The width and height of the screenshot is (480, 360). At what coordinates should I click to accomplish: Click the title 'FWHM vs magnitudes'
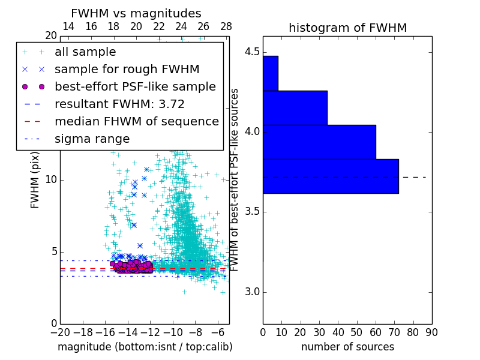136,13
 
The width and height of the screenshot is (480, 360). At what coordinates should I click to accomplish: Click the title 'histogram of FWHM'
347,28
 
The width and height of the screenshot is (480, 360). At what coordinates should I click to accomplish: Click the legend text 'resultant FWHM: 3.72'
119,104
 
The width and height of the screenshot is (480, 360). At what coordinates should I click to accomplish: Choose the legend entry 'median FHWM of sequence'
136,121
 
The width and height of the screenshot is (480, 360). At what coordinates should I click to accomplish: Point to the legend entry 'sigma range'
92,139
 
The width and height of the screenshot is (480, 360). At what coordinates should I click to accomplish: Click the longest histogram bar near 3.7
331,176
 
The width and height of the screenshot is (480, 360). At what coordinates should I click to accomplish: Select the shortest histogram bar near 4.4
270,73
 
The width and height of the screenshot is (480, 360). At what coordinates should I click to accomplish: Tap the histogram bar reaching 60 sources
319,142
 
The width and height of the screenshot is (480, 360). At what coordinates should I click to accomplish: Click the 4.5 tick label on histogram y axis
253,52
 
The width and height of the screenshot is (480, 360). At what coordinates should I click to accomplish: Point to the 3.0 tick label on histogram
253,292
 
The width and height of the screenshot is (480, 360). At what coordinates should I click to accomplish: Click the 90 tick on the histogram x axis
431,332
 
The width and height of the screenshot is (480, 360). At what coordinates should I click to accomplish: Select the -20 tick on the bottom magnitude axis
60,332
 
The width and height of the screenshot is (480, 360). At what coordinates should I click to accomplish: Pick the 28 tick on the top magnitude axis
226,26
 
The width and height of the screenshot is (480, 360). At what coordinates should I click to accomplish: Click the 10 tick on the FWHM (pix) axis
51,180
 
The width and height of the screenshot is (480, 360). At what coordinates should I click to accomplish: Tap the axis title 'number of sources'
347,347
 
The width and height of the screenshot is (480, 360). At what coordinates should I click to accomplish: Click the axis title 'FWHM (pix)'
35,180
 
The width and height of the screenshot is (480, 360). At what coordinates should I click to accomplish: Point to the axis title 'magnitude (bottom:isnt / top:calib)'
145,347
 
